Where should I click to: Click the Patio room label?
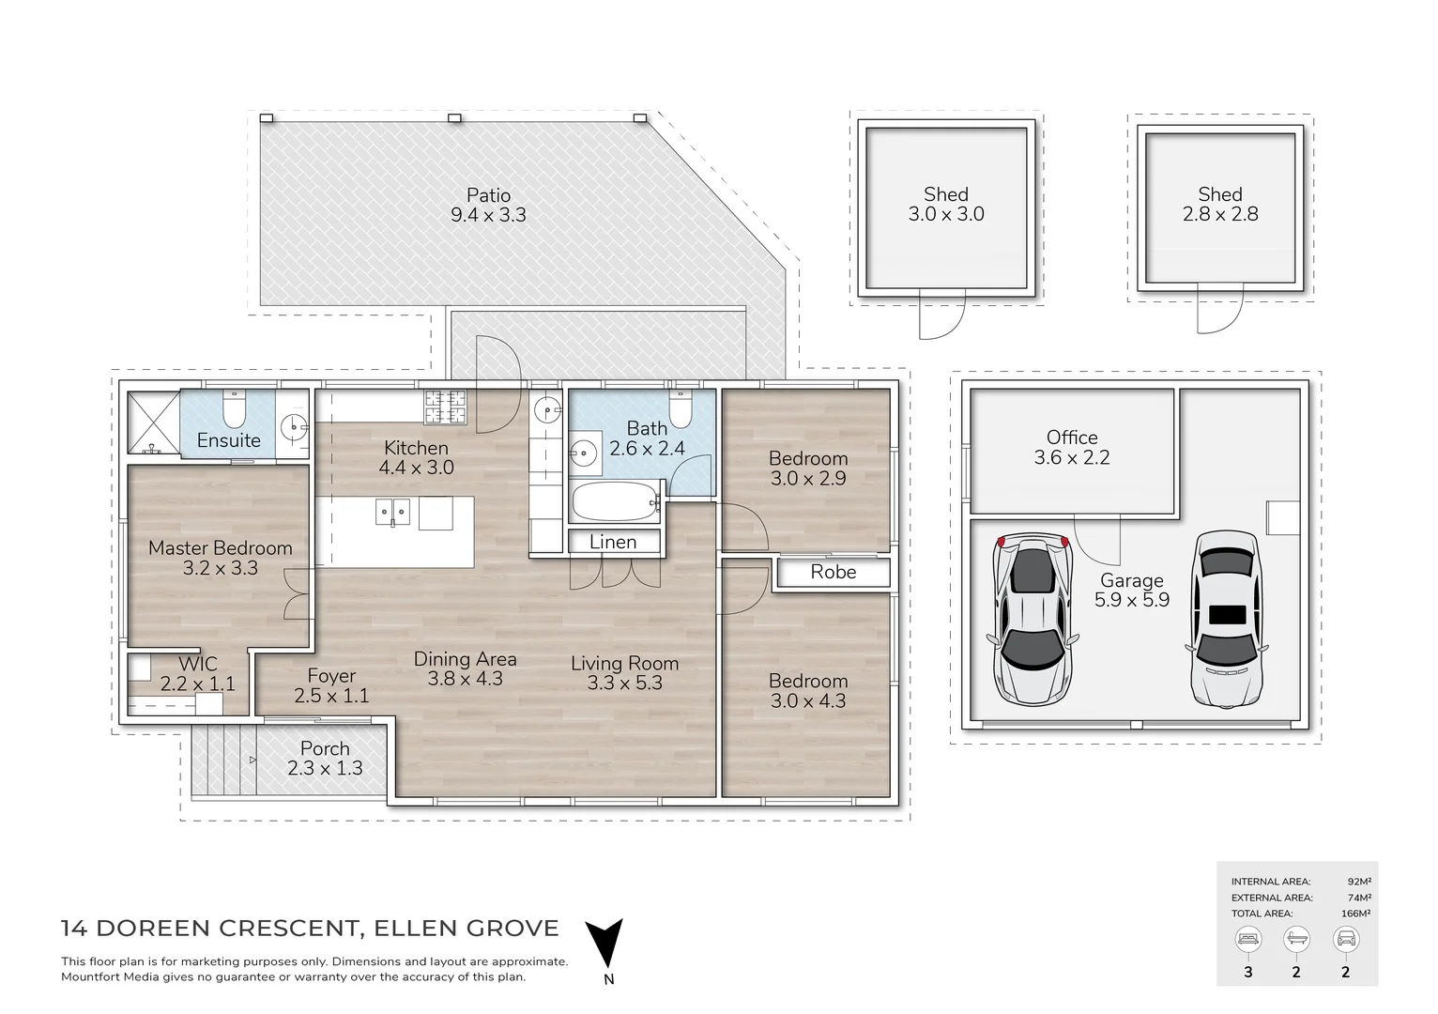[488, 195]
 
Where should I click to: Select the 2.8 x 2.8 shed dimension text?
[1219, 215]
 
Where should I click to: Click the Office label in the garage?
[1071, 438]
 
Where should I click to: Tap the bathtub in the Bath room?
[615, 502]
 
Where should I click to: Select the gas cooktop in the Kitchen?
[446, 407]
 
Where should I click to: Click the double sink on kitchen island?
[392, 513]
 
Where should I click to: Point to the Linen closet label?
[613, 543]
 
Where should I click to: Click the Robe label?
[833, 573]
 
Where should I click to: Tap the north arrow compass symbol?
[604, 943]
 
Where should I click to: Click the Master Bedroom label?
[220, 548]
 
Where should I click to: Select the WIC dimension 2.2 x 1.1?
[197, 684]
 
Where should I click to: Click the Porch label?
[325, 749]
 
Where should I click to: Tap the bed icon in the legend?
[1247, 938]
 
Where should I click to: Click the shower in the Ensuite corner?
[152, 422]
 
